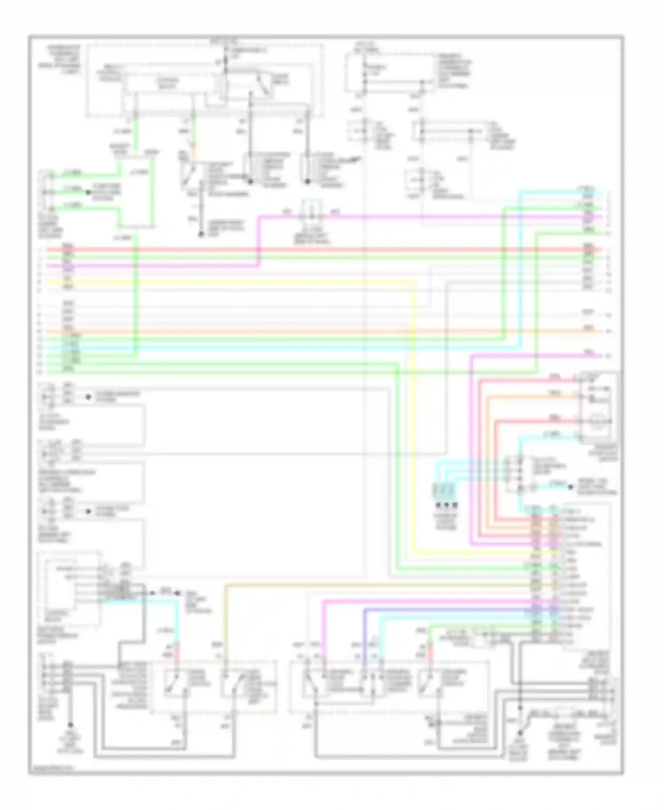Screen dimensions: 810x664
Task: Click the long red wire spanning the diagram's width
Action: coord(310,249)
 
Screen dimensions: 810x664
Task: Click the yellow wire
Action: coord(415,399)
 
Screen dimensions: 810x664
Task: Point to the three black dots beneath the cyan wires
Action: coord(446,505)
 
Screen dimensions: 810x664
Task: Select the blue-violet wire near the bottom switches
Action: coord(365,629)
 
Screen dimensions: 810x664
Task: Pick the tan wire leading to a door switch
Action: coord(226,620)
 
